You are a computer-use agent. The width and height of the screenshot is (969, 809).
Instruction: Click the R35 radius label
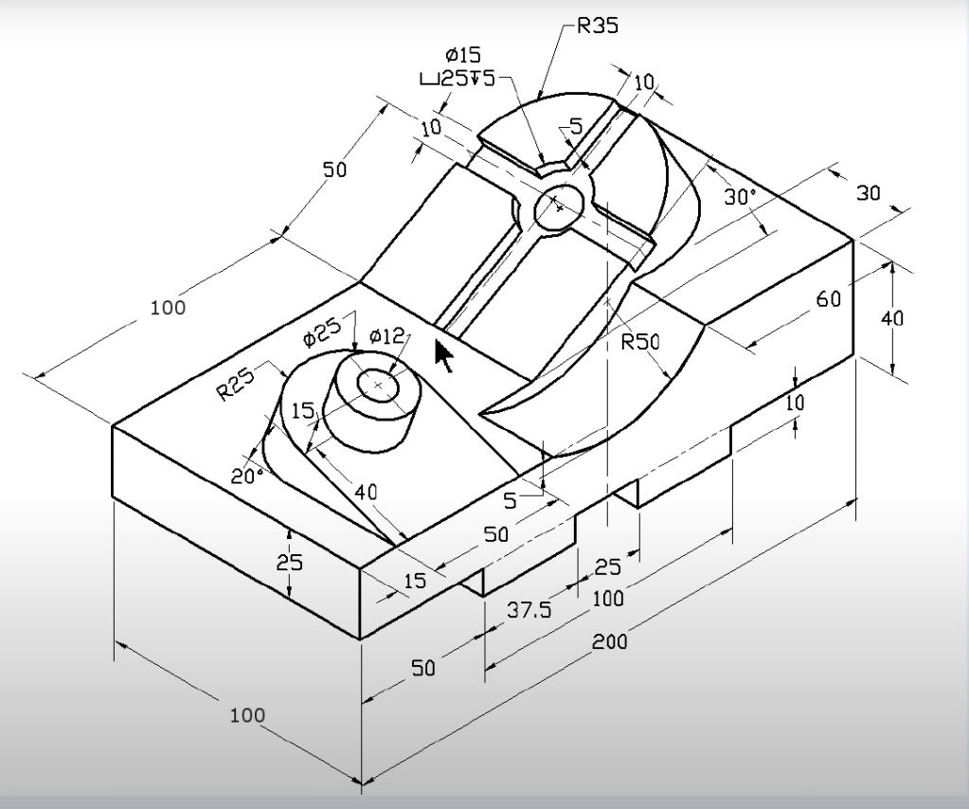[x=597, y=26]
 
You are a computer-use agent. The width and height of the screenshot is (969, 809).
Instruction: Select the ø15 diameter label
[x=463, y=56]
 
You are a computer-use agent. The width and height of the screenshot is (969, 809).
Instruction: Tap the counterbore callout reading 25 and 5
[x=458, y=80]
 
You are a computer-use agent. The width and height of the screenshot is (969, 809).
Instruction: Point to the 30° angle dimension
[x=741, y=196]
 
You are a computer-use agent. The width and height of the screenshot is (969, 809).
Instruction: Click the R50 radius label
[x=641, y=342]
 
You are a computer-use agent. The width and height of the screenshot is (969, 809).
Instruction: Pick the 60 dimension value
[x=829, y=299]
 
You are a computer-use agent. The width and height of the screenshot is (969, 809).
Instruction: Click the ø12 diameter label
[x=386, y=337]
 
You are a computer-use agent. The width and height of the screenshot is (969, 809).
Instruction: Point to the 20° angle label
[x=247, y=476]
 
